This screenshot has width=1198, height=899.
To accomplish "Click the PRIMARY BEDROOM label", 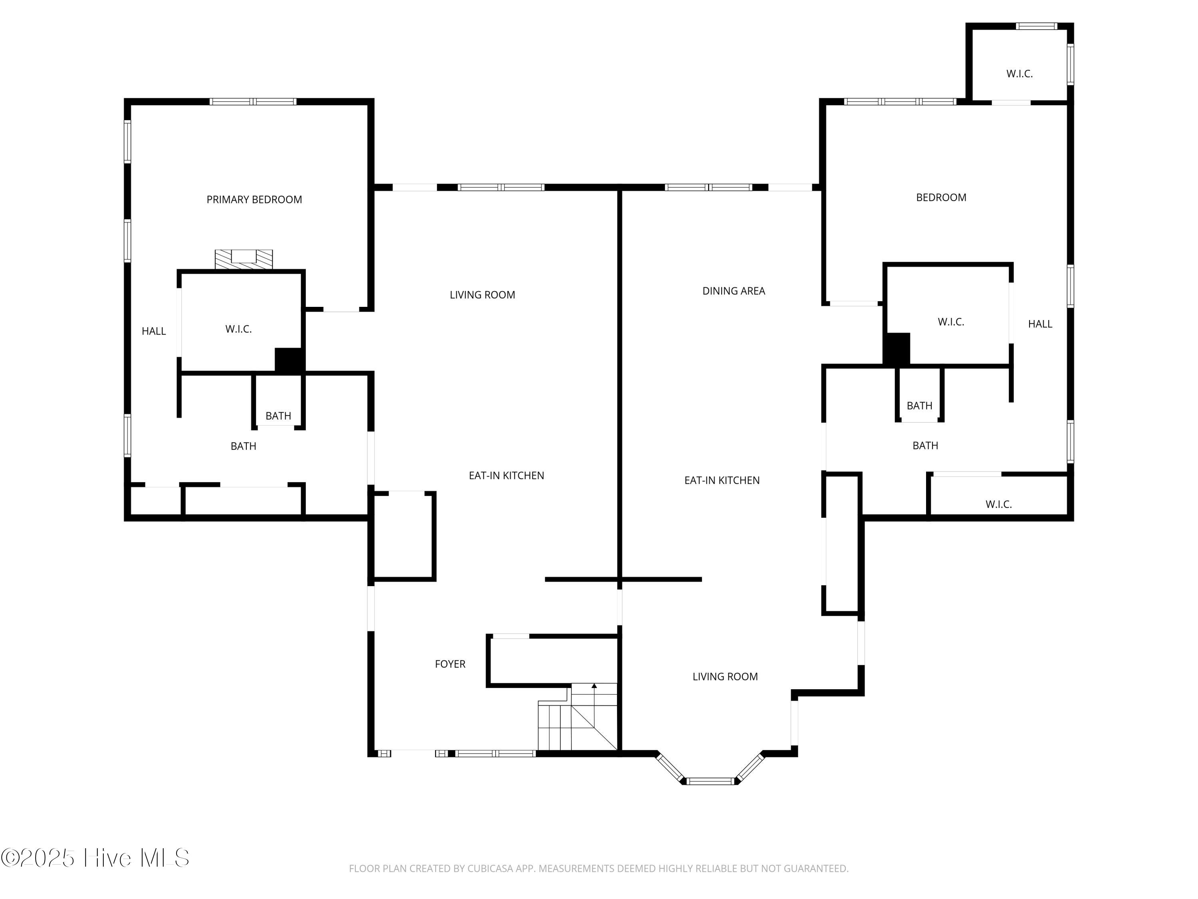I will (x=254, y=199).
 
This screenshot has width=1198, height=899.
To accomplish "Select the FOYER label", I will (x=450, y=664).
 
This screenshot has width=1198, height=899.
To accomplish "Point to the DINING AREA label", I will (x=733, y=291).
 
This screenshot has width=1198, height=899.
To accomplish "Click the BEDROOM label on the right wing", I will (x=941, y=197).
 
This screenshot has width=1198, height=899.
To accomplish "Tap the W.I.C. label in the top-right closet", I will (x=1019, y=74).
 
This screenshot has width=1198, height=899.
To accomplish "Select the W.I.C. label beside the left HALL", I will (x=238, y=329).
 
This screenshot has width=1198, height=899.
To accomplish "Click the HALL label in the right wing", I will (x=1040, y=324).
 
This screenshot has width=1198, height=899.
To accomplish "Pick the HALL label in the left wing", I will (x=154, y=331).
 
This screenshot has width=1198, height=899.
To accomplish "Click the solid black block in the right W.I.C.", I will (x=897, y=348).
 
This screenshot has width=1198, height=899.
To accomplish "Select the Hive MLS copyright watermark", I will (x=95, y=858).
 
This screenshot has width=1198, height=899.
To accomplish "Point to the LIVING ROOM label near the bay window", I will (x=725, y=676).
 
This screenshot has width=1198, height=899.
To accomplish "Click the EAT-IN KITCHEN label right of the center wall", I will (x=722, y=480).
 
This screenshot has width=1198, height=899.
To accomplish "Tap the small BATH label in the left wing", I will (x=278, y=416).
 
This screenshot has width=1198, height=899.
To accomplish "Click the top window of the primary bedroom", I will (x=253, y=101).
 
